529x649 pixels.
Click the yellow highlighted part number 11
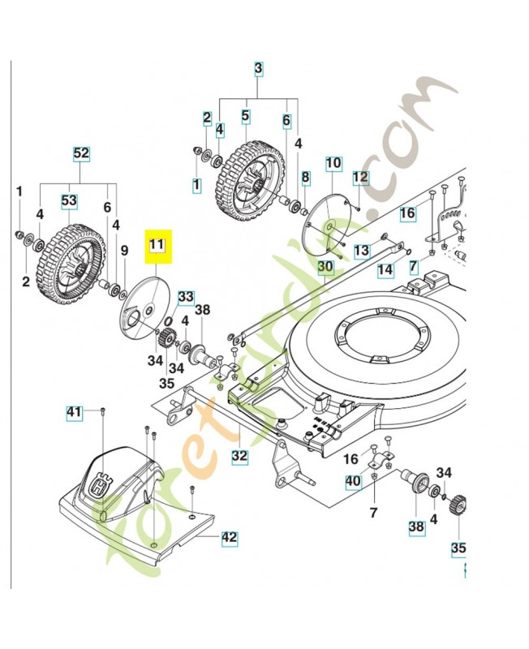click(156, 243)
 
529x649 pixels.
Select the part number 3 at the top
click(258, 69)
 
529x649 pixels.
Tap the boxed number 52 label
click(82, 153)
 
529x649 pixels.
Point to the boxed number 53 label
click(70, 200)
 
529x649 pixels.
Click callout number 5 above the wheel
click(245, 116)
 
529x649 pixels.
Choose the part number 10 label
click(333, 163)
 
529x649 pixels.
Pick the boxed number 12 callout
click(360, 176)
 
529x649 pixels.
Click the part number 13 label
click(362, 249)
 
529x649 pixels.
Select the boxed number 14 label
click(386, 268)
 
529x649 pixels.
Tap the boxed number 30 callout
click(325, 265)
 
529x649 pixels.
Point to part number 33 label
click(186, 296)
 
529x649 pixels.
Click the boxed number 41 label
click(74, 414)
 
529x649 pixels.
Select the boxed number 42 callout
click(230, 535)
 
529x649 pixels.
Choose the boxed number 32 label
click(239, 456)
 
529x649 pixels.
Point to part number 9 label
click(124, 251)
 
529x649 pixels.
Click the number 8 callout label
click(305, 177)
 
